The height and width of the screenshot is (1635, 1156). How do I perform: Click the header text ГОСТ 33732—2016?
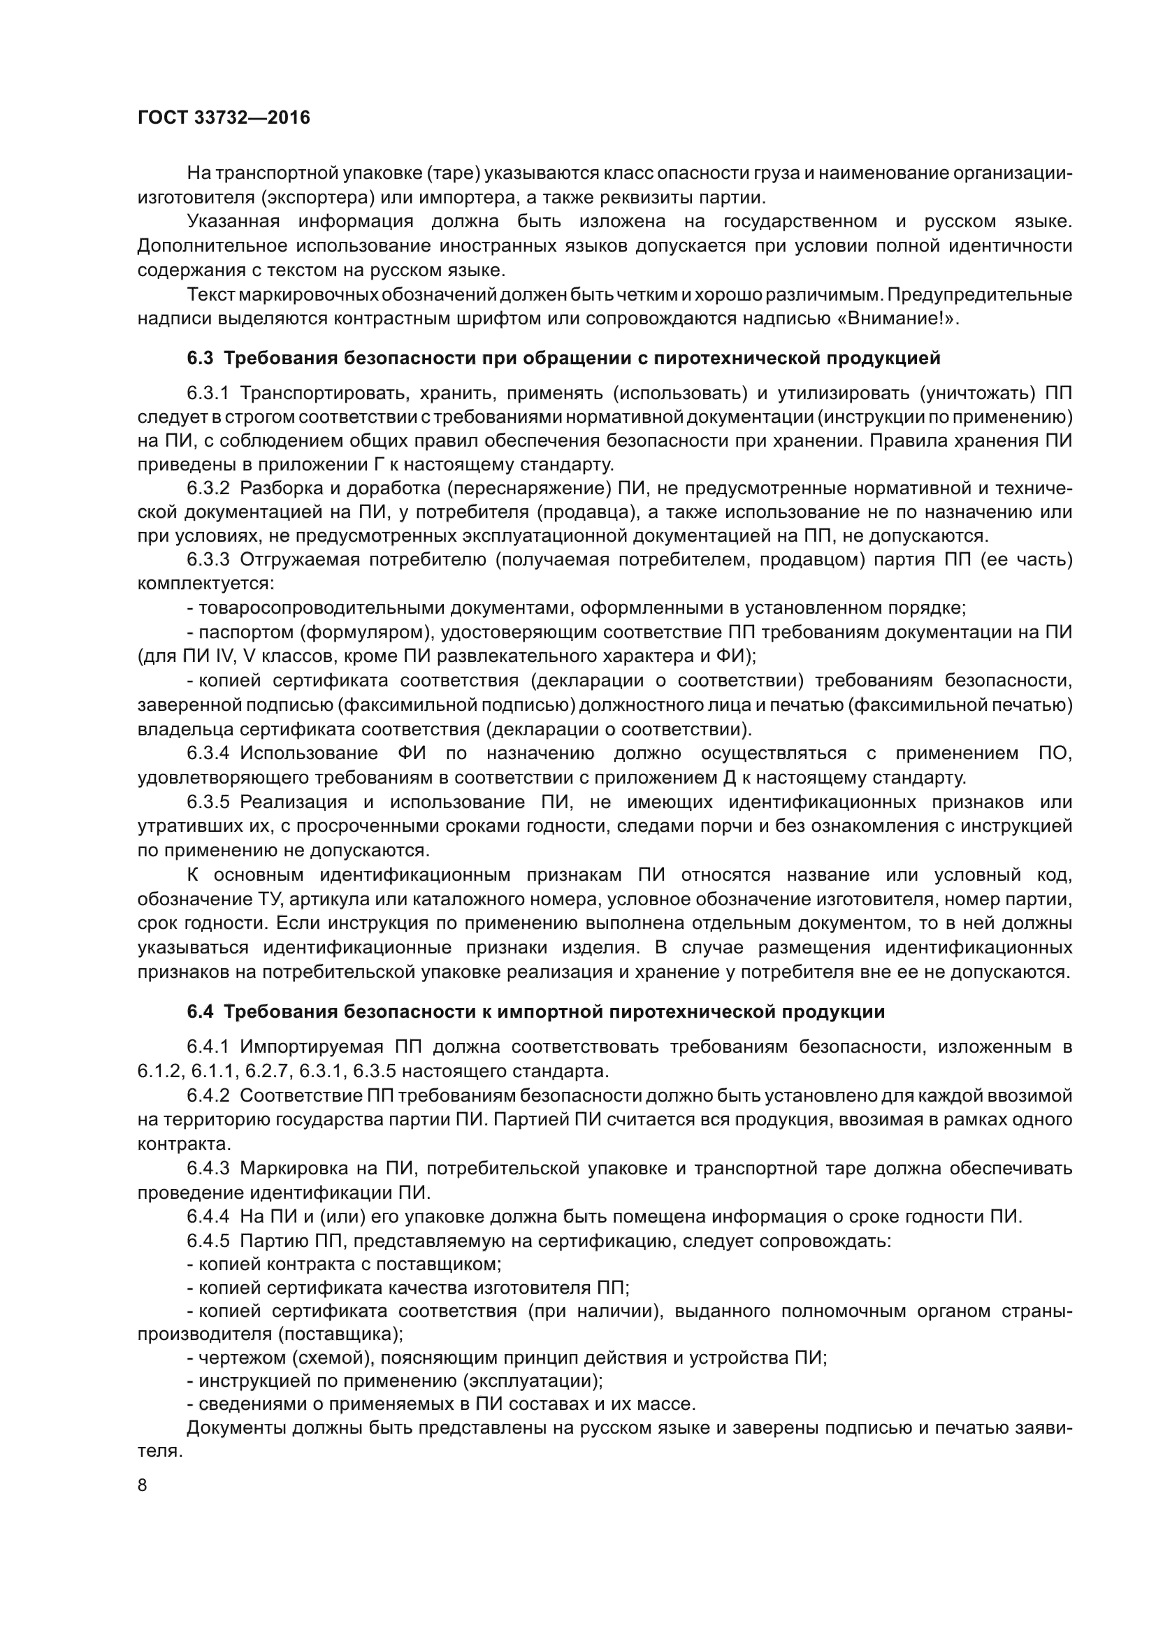[x=224, y=118]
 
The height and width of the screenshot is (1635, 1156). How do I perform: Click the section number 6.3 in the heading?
[x=200, y=358]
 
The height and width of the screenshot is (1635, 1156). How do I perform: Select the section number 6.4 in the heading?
[x=200, y=1012]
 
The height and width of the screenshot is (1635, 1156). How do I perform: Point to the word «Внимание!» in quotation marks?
[x=898, y=318]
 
